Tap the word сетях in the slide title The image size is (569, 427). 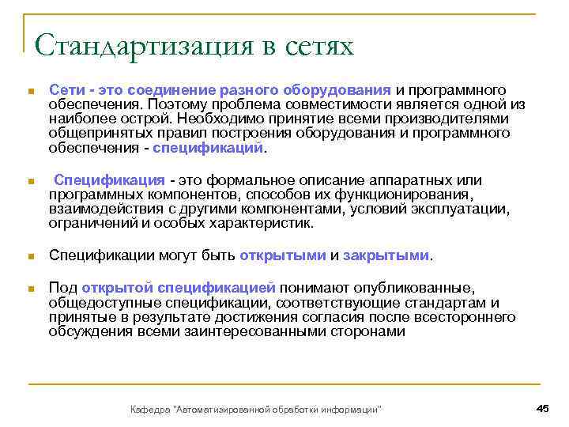[x=312, y=45]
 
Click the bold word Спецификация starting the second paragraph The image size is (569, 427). [x=109, y=180]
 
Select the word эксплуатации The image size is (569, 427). [x=461, y=209]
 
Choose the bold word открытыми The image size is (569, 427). [x=282, y=255]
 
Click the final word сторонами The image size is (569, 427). [x=364, y=331]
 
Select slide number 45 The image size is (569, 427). [x=542, y=407]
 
